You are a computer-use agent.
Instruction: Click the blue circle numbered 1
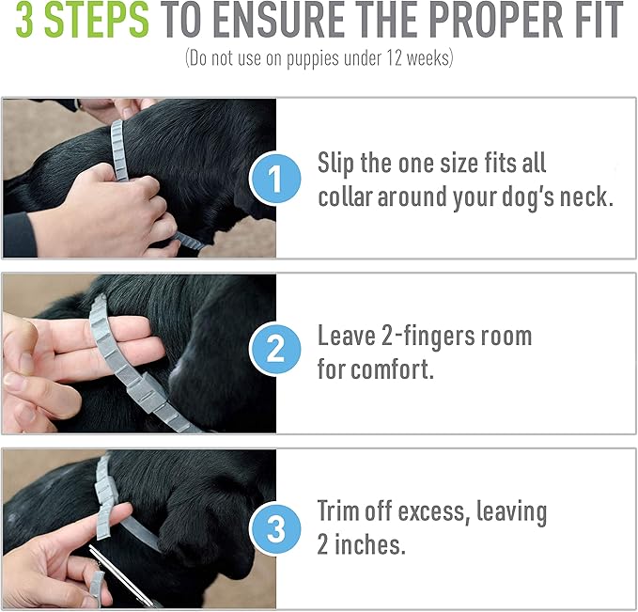click(x=275, y=178)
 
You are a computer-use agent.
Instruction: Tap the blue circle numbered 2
click(x=275, y=349)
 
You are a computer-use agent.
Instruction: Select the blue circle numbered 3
click(x=275, y=528)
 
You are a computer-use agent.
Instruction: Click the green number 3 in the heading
click(x=24, y=20)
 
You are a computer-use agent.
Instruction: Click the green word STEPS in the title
click(x=97, y=20)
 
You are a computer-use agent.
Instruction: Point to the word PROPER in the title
click(x=491, y=20)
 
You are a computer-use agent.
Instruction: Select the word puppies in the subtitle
click(x=313, y=59)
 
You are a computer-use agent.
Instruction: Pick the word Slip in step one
click(x=335, y=164)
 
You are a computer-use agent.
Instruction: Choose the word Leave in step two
click(x=347, y=336)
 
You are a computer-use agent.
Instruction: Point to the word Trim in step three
click(x=338, y=510)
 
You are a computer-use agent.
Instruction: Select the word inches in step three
click(x=369, y=544)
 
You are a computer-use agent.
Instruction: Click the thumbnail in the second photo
click(x=15, y=381)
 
